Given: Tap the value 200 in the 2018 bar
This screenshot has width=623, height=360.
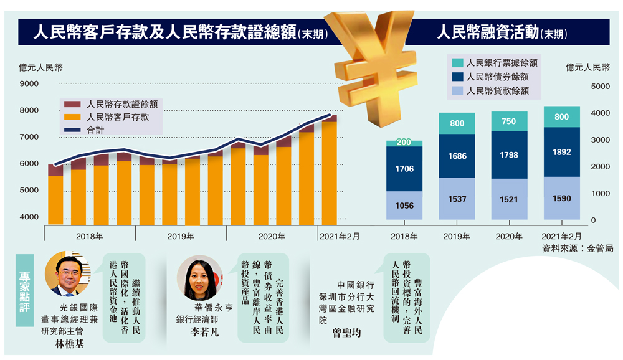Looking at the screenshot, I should coord(404,143).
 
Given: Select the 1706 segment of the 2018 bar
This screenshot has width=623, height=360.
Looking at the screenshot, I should coord(404,169).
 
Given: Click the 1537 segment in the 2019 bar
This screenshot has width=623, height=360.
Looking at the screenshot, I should coord(457,199).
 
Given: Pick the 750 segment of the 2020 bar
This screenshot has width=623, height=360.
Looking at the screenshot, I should coord(509,121).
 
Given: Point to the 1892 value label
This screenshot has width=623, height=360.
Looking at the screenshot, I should coord(562,151).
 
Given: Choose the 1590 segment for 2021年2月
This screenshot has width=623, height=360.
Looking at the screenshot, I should coord(562,199).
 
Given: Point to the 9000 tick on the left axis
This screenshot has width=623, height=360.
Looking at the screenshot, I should coord(29,84).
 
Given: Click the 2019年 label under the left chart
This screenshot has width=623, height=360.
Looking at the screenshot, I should coord(181,236).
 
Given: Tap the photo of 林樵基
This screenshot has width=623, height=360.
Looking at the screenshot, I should coord(64,274).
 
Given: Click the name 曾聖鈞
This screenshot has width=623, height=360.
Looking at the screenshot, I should coord(348,333).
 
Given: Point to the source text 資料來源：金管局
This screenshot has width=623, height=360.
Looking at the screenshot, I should coord(578,248).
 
